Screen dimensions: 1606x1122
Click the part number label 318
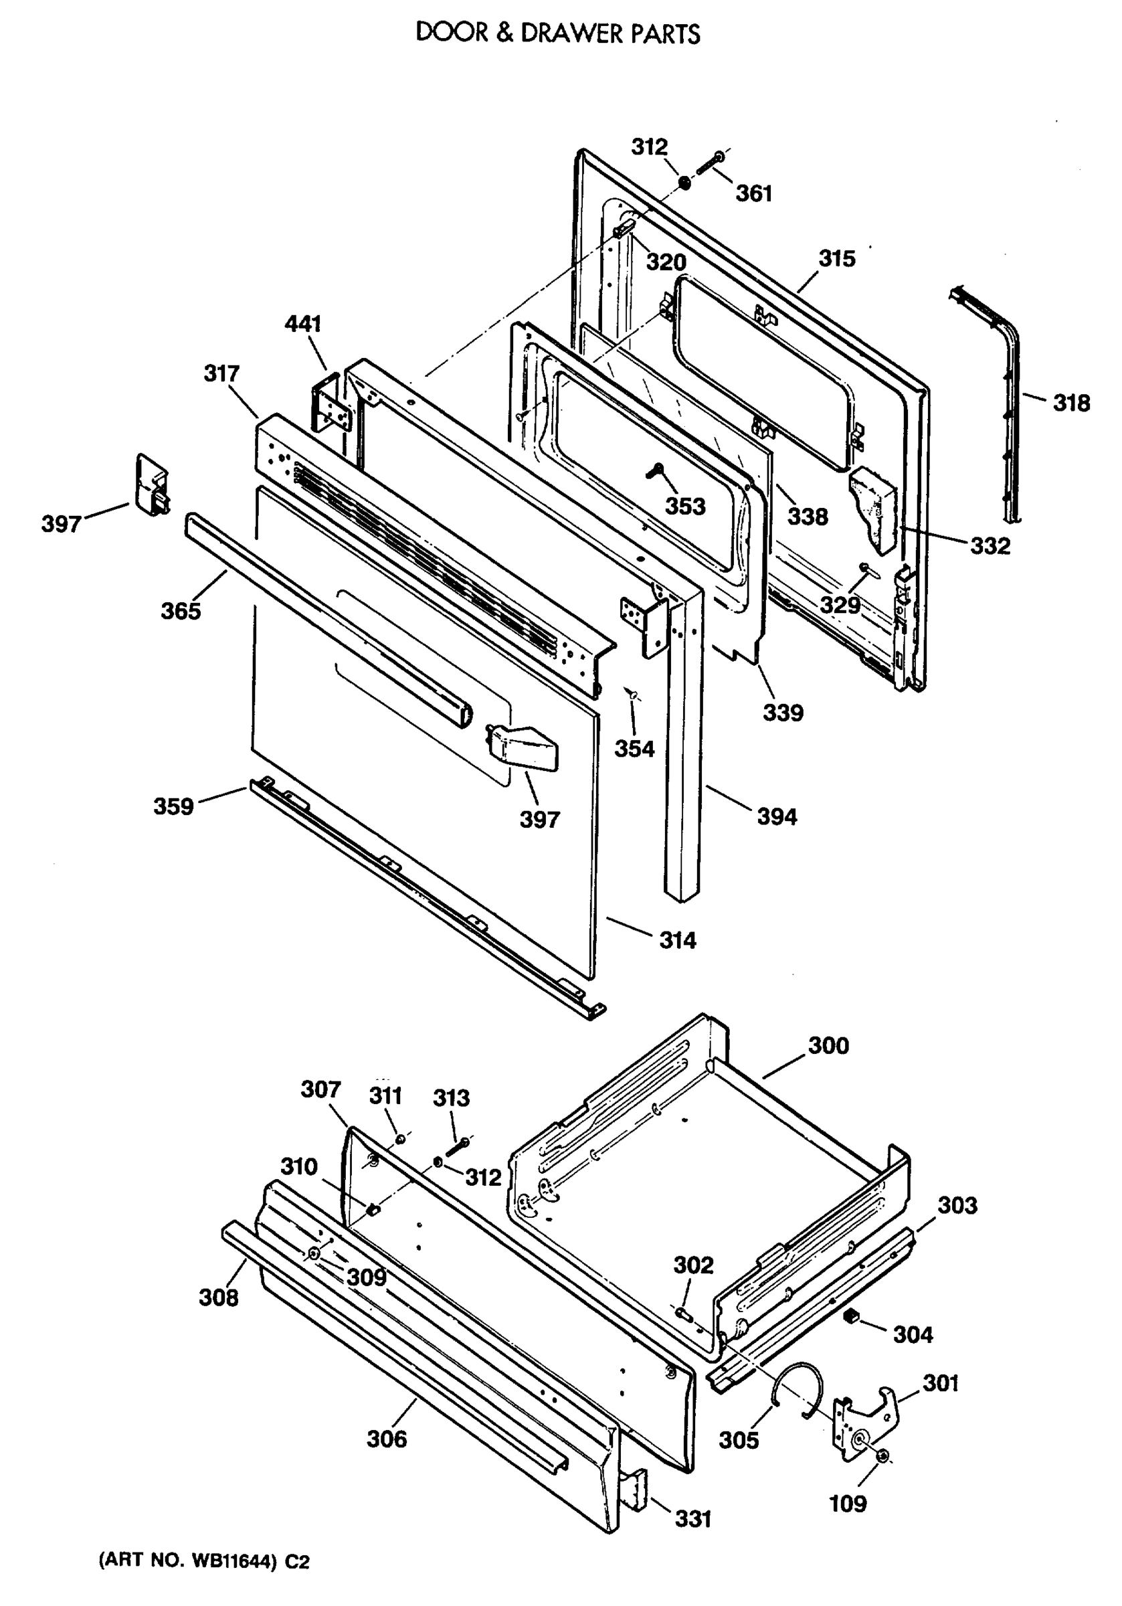(1071, 404)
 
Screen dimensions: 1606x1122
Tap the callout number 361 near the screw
(753, 194)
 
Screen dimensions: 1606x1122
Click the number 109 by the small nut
(847, 1503)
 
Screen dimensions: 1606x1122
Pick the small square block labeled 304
(851, 1317)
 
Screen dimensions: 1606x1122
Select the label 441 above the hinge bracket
(303, 324)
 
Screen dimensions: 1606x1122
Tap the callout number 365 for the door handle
(181, 612)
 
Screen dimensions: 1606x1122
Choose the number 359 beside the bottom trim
(173, 806)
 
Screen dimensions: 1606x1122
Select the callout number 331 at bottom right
(692, 1518)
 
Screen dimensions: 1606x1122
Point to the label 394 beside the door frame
(777, 816)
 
